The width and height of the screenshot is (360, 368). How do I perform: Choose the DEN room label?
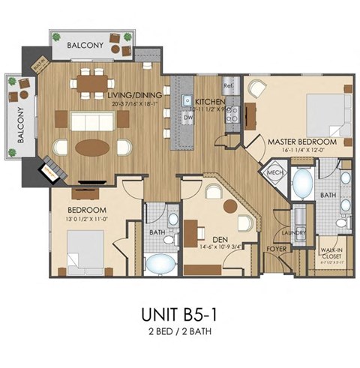tap(220, 240)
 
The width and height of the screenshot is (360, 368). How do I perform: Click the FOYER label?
tap(277, 247)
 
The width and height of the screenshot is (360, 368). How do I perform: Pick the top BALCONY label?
tap(85, 46)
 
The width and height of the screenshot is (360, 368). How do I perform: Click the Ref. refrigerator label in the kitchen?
tap(229, 86)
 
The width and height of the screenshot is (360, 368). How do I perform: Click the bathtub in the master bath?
tap(304, 183)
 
